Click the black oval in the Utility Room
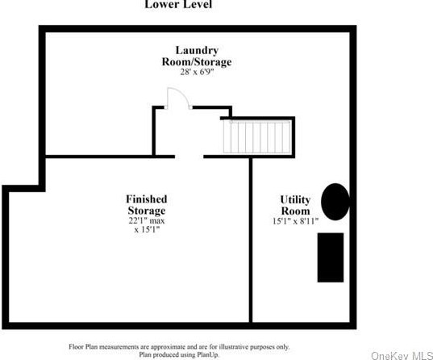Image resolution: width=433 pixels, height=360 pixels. click(335, 200)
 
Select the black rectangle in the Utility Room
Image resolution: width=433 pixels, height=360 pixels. click(331, 257)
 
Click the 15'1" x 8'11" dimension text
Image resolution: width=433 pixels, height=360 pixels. click(295, 220)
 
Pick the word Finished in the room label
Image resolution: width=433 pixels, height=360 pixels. click(147, 199)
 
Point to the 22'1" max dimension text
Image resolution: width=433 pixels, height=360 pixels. click(146, 220)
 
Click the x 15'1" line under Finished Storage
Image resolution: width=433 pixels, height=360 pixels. click(146, 230)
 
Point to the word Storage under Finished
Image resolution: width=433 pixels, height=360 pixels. click(146, 210)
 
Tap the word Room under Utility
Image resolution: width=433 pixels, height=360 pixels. click(295, 210)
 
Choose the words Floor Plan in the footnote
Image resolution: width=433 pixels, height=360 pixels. click(85, 345)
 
